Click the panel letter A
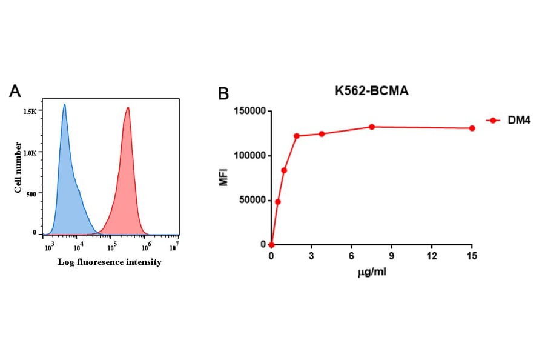click(x=16, y=92)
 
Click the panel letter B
click(x=223, y=94)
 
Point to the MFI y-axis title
click(x=223, y=178)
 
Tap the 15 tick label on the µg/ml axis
click(x=472, y=256)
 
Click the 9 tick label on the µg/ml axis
click(x=392, y=256)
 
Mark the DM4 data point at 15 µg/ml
click(x=472, y=128)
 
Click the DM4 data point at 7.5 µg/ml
click(x=372, y=127)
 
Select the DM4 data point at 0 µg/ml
click(x=271, y=245)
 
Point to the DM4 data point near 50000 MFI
click(x=278, y=202)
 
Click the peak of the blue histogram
click(x=64, y=105)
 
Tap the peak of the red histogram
click(x=128, y=108)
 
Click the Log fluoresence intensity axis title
click(x=110, y=262)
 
